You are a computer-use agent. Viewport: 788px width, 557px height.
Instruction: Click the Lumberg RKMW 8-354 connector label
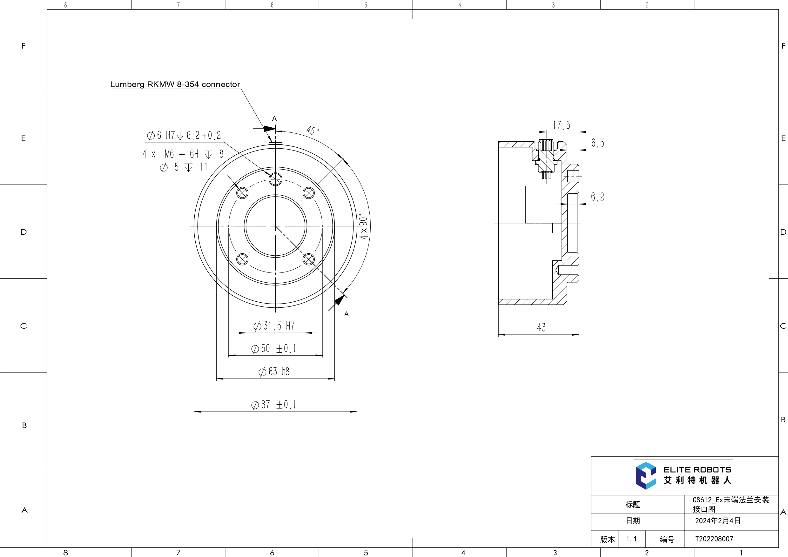[175, 84]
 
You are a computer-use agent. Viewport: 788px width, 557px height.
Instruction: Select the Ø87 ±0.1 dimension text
[273, 405]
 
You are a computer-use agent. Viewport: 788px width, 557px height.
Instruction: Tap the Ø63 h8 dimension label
[274, 372]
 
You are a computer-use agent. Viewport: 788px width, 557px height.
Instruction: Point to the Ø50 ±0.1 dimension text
[273, 349]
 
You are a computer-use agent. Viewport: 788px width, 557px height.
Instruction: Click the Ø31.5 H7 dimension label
[274, 326]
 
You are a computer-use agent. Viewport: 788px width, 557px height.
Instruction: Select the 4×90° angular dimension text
[363, 227]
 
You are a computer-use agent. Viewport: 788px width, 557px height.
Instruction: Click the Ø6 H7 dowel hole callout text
[184, 136]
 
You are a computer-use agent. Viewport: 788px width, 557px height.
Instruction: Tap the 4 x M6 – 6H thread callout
[183, 154]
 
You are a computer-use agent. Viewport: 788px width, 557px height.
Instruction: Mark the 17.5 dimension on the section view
[562, 125]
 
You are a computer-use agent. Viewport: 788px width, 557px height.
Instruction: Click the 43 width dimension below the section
[541, 328]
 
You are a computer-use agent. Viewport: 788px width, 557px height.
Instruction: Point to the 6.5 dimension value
[597, 143]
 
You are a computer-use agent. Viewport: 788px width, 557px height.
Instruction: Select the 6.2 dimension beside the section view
[597, 197]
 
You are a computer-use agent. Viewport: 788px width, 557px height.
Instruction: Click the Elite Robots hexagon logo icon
[646, 476]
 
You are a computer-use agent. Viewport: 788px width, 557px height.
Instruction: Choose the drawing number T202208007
[714, 539]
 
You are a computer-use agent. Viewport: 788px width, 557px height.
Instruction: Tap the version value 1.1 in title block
[631, 539]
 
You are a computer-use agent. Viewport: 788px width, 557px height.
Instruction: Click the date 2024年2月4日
[717, 520]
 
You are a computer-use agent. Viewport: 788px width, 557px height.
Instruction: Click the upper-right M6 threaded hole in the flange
[308, 193]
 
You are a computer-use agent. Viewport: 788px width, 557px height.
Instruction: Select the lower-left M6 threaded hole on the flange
[242, 259]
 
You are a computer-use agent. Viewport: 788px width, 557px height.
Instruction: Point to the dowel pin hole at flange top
[275, 178]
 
